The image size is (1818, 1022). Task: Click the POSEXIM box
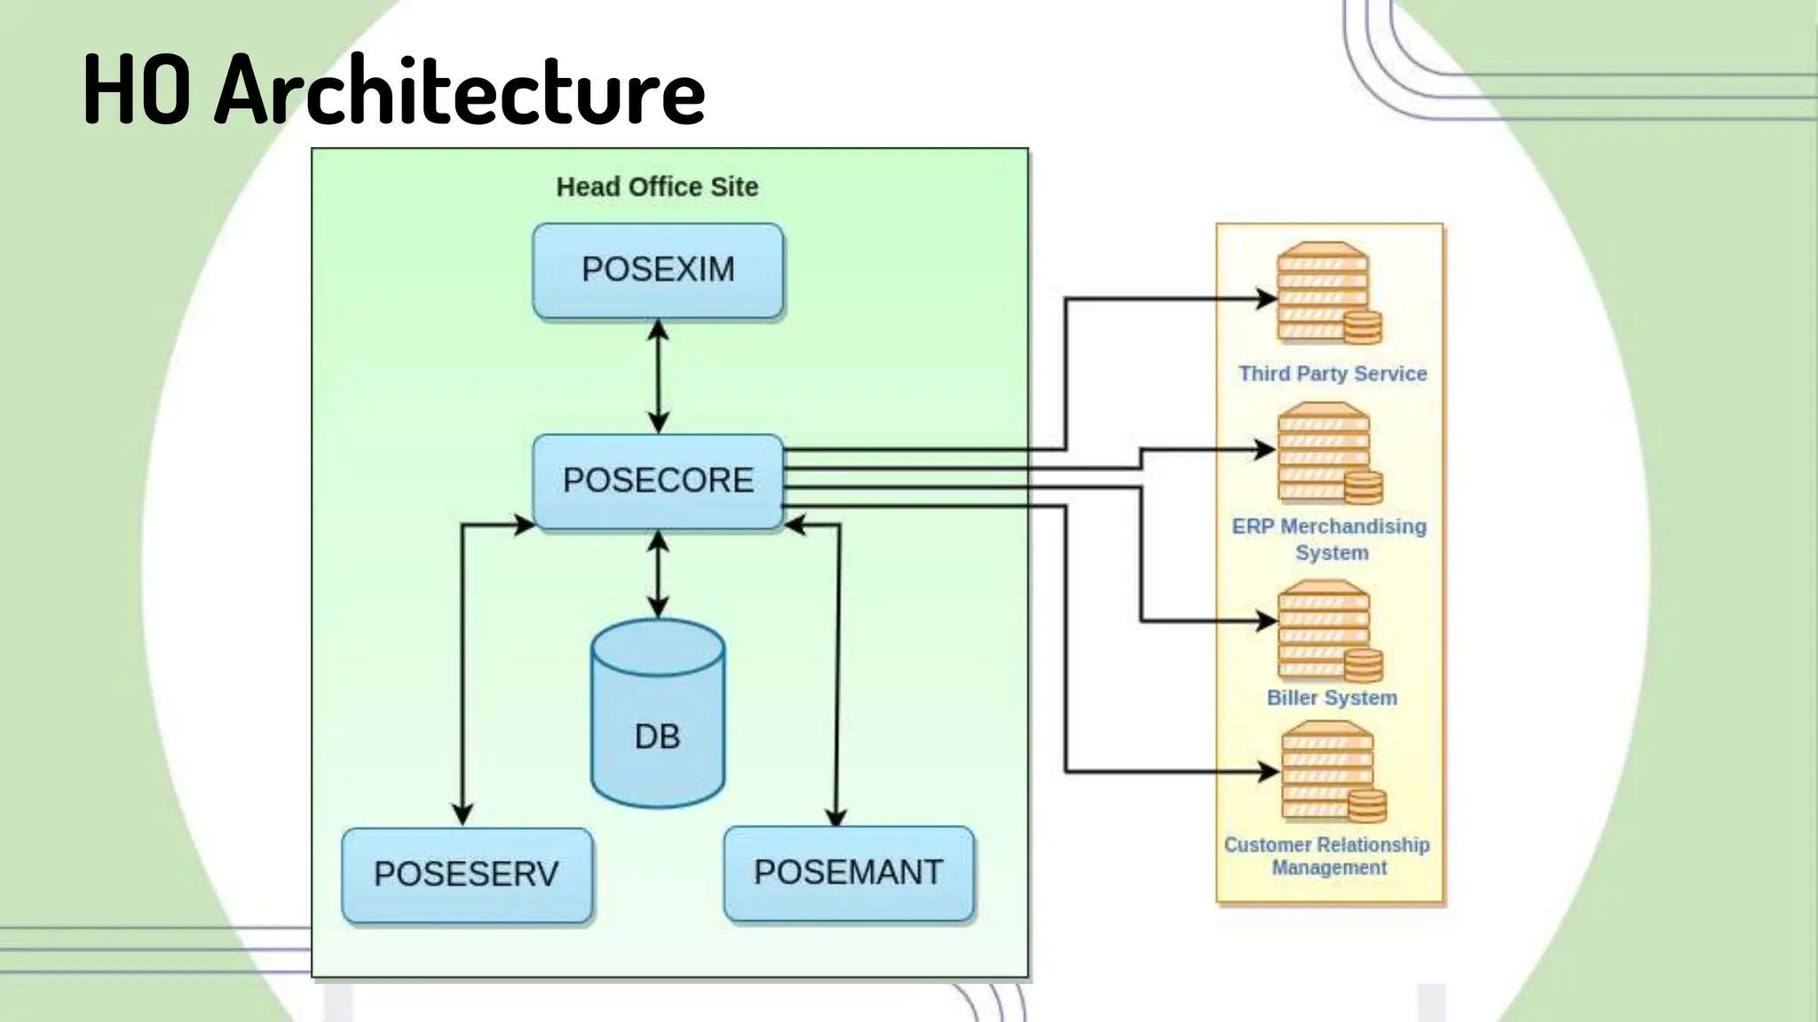click(658, 271)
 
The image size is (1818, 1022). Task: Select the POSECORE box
click(658, 481)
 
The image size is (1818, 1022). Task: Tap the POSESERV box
click(467, 875)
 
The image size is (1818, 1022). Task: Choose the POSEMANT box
click(849, 873)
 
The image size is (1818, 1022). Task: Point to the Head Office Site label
click(657, 187)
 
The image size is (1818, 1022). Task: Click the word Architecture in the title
click(459, 90)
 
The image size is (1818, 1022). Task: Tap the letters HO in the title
click(136, 90)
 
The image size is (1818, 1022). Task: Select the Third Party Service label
click(1332, 373)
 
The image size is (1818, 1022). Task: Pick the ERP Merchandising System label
click(1330, 539)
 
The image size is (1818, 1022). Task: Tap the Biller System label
click(1332, 698)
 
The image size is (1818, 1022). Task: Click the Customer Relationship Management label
click(1327, 856)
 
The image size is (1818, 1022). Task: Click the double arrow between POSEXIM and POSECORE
click(658, 376)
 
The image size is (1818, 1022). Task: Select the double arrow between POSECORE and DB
click(658, 574)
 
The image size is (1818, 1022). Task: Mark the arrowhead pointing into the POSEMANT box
click(835, 816)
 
